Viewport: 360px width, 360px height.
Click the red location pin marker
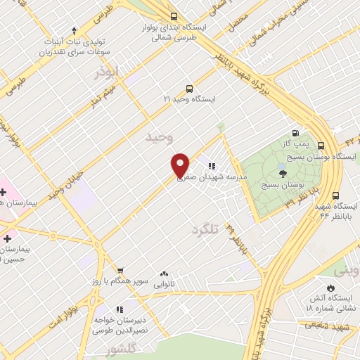(x=181, y=166)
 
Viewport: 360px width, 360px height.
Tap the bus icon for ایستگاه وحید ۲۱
(x=189, y=89)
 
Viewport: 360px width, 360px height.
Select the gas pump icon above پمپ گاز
(x=295, y=134)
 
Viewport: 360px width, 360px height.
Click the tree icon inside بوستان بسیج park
(x=283, y=174)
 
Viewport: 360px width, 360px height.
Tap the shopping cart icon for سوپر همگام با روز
(x=120, y=271)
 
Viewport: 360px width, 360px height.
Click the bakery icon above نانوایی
(x=164, y=274)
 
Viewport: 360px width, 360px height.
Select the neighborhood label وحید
(x=158, y=137)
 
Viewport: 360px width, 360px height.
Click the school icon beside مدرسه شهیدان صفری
(x=210, y=167)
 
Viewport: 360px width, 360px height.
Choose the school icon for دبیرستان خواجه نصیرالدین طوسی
(x=120, y=309)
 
